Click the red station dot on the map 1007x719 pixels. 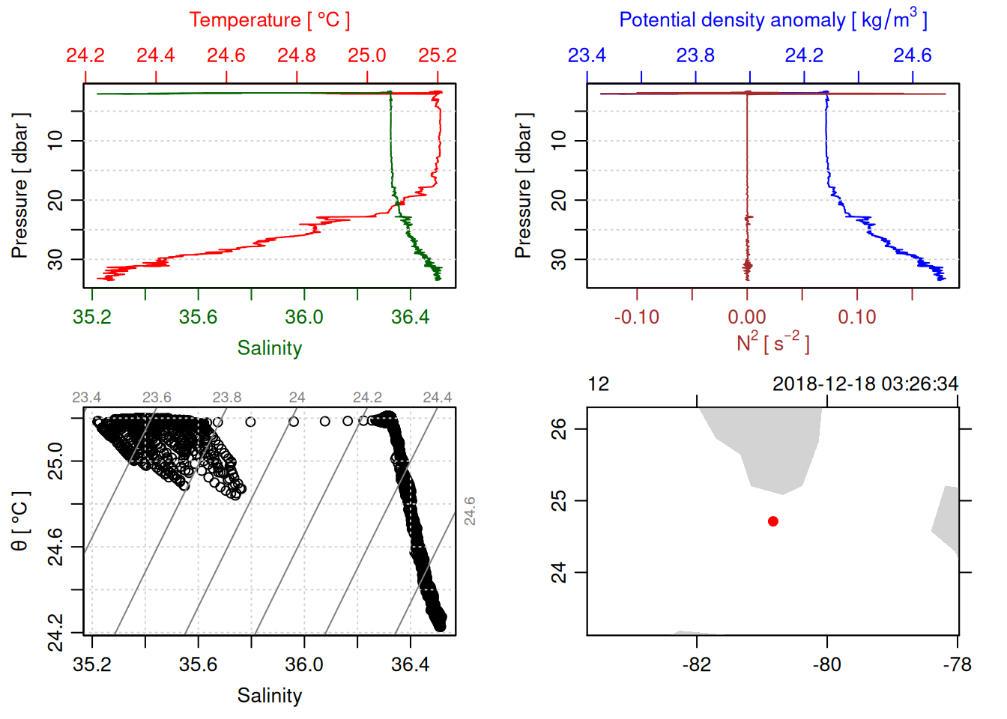click(x=773, y=521)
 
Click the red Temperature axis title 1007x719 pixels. click(x=269, y=20)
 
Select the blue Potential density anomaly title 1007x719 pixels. click(x=772, y=19)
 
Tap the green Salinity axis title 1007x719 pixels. click(x=269, y=348)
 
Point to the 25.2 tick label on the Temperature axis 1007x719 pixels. click(x=438, y=56)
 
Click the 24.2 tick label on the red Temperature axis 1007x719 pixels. click(x=85, y=56)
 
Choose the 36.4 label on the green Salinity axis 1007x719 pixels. click(x=410, y=317)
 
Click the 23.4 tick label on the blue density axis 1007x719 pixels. click(x=587, y=56)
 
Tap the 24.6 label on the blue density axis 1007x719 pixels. click(x=912, y=56)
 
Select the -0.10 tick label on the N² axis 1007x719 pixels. click(x=637, y=317)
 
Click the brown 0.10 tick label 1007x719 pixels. click(x=857, y=317)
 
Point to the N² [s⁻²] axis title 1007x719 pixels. click(x=772, y=342)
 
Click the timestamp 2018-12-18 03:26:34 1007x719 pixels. click(x=865, y=384)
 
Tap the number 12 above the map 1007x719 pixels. click(x=599, y=384)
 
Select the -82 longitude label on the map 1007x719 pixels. click(x=697, y=664)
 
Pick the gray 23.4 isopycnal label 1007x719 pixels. click(x=87, y=398)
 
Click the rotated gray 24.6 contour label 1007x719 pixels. click(x=469, y=511)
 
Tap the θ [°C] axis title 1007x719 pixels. click(x=20, y=521)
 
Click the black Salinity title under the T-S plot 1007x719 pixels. click(x=269, y=696)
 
